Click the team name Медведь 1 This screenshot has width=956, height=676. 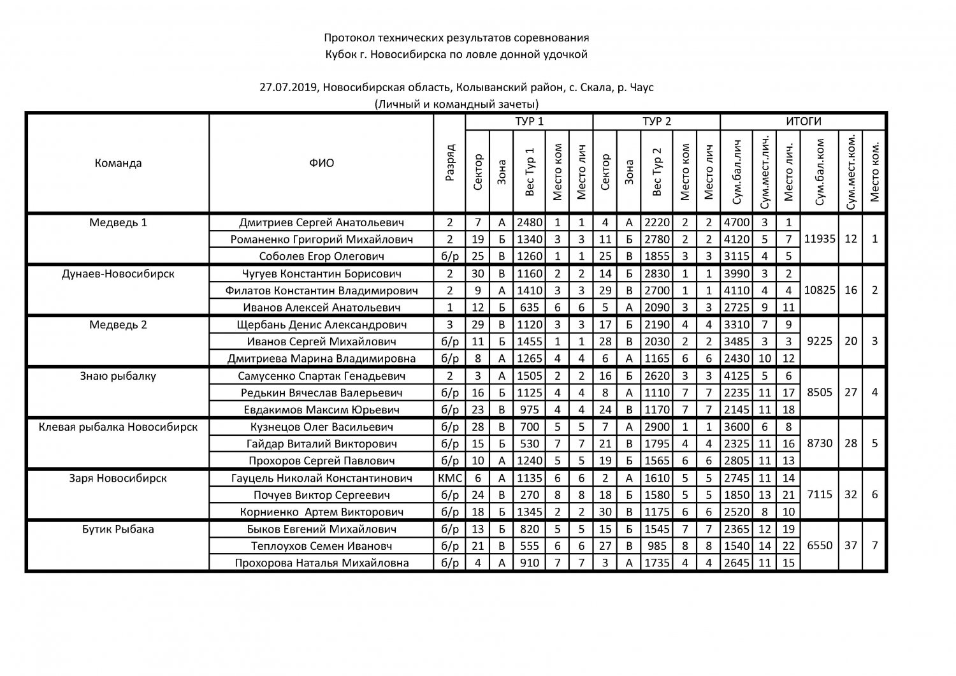point(118,222)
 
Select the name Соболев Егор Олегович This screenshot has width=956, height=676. point(322,256)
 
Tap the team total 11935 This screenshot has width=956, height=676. point(820,239)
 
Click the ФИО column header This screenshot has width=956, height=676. point(322,162)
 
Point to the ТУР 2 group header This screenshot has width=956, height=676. point(656,122)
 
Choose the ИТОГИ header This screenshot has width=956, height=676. point(803,122)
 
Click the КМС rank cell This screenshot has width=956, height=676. point(450,478)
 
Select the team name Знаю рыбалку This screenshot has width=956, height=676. point(118,376)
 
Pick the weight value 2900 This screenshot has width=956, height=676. point(656,427)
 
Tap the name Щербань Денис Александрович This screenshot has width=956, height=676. point(322,324)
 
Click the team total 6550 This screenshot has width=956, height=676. point(820,545)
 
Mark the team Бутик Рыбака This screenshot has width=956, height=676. point(118,529)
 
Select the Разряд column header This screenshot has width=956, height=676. point(450,163)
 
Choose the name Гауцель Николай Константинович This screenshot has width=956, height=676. point(322,478)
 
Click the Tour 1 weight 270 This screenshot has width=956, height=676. point(529,495)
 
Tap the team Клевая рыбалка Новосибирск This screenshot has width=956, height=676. point(118,427)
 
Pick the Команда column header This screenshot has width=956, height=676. point(118,162)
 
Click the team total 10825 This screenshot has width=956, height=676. point(820,290)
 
